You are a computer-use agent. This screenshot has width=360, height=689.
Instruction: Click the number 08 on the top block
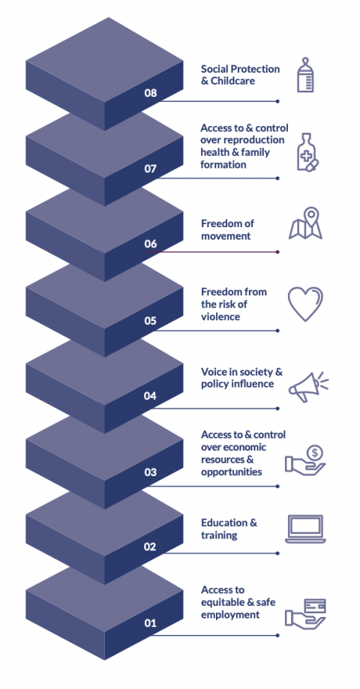tap(150, 93)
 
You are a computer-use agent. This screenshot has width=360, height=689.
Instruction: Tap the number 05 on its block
tap(150, 321)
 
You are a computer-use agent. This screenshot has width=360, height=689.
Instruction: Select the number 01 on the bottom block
tap(150, 622)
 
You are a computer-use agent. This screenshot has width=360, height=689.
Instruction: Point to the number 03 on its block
tap(150, 472)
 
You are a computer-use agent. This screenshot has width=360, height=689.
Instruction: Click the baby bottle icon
tap(305, 75)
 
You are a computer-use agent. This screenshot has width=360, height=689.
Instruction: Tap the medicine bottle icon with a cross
tap(307, 152)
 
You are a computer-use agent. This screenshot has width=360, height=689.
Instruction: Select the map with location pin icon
tap(305, 223)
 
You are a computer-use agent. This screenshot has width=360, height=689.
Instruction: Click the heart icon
tap(305, 303)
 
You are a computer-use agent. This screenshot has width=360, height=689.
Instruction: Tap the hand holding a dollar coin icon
tap(305, 460)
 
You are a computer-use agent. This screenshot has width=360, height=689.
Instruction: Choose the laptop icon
tap(305, 529)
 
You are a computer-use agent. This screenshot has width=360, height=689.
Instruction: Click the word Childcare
tap(232, 81)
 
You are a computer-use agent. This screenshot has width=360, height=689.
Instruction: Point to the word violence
tap(220, 316)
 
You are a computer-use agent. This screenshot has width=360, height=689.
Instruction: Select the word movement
tap(226, 236)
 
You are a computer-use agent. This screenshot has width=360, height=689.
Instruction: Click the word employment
tap(230, 615)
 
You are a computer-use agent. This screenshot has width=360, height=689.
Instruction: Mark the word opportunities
tap(232, 472)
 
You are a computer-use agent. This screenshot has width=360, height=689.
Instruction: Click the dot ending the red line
tap(277, 252)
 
